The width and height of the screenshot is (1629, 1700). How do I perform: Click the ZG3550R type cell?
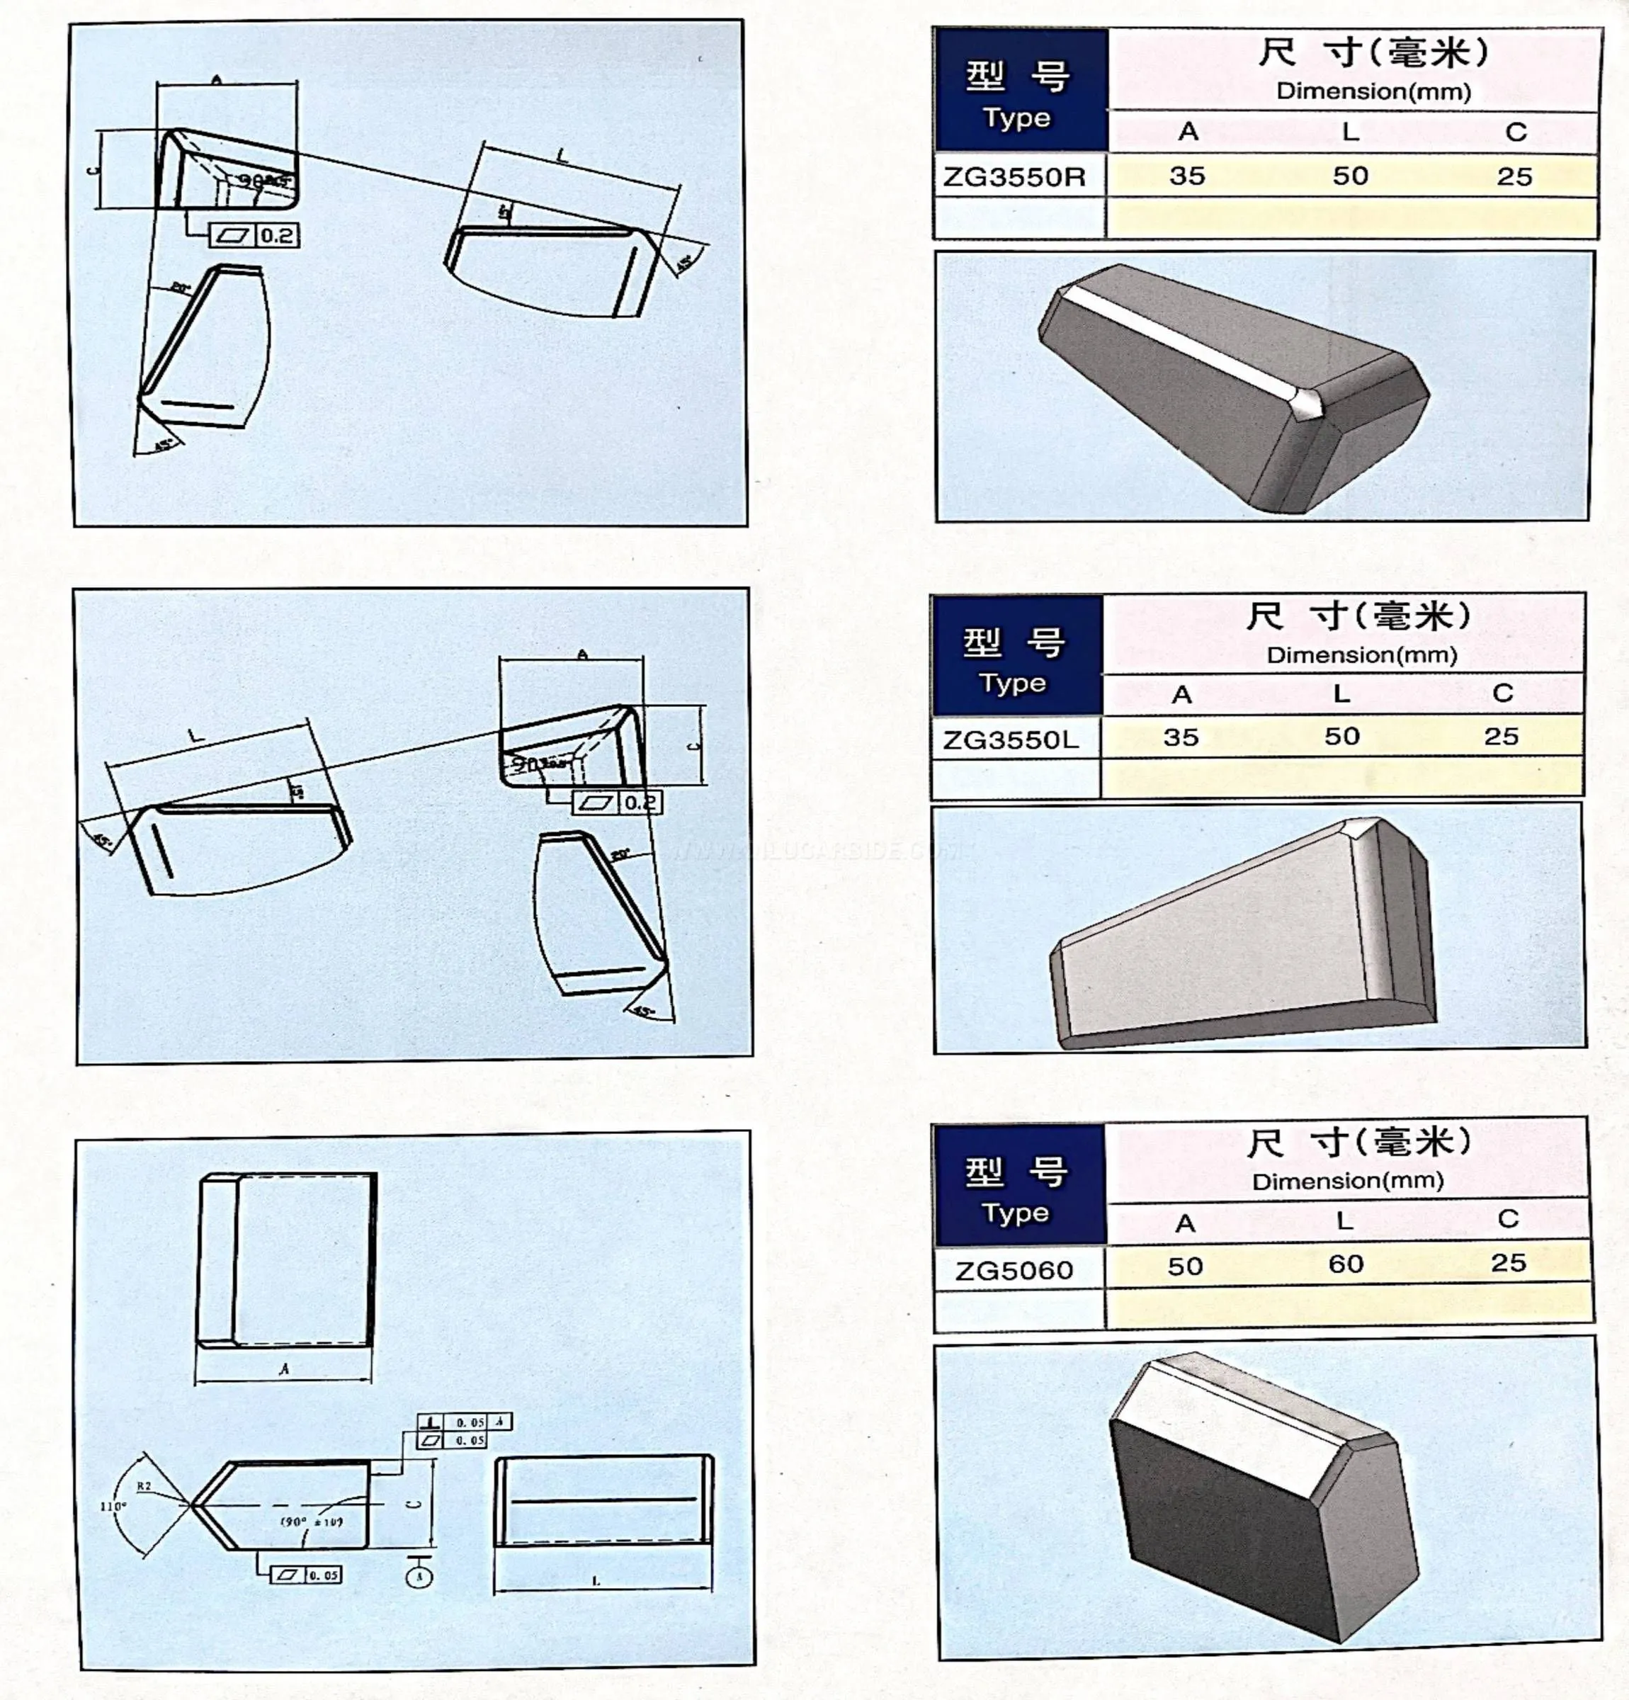point(1014,177)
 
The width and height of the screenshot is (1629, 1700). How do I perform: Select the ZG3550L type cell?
point(1011,739)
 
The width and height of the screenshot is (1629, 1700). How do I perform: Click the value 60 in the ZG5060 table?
point(1346,1264)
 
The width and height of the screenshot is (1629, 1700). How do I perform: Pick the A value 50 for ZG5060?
point(1185,1266)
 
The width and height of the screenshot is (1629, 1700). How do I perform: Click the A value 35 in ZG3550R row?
point(1186,176)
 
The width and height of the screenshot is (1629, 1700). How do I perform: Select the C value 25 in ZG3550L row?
point(1501,737)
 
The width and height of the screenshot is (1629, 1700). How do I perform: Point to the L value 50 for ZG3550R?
point(1350,176)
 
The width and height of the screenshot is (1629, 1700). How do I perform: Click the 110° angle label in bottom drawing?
point(113,1507)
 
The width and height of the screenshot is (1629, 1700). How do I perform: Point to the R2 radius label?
point(144,1487)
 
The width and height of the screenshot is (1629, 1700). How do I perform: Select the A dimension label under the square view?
point(283,1369)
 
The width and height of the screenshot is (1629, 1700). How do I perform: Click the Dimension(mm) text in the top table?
point(1373,91)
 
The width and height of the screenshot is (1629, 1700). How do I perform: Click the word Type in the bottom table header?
point(1015,1213)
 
